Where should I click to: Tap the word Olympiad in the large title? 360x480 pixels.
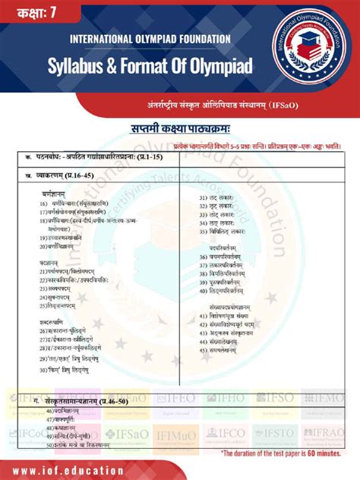point(214,66)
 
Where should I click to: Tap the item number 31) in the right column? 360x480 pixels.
point(204,198)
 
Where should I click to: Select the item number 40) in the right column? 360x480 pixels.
point(204,290)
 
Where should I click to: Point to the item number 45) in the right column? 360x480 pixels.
point(204,351)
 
